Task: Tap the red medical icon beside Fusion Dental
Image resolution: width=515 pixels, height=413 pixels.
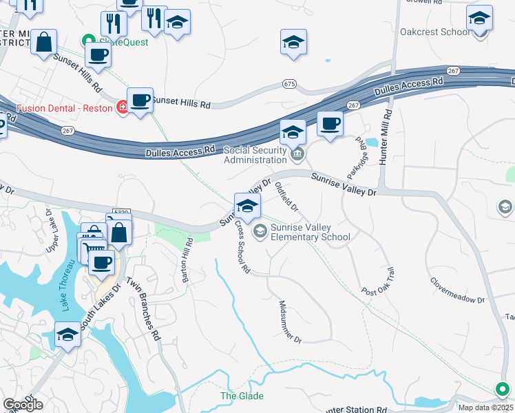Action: coord(122,107)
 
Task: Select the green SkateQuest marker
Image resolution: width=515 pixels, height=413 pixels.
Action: coord(87,41)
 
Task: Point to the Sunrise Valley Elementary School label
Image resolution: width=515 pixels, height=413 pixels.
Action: coord(310,232)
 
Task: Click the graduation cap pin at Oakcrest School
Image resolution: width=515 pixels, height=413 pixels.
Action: coord(479,19)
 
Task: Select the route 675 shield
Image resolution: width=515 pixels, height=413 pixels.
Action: coord(289,84)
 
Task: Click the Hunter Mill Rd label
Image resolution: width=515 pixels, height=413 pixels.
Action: coord(386,137)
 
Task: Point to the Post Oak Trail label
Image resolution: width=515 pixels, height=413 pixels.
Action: coord(377,282)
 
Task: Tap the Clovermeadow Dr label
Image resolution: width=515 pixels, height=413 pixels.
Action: coord(457,291)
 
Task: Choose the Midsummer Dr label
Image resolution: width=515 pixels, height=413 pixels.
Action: coord(290,321)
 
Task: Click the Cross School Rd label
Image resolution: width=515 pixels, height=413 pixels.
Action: coord(242,247)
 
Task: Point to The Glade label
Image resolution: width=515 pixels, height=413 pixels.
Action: coord(242,396)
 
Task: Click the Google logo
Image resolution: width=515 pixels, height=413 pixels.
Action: coord(23,405)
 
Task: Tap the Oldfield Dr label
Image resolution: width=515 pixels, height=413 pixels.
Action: coord(286,196)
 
